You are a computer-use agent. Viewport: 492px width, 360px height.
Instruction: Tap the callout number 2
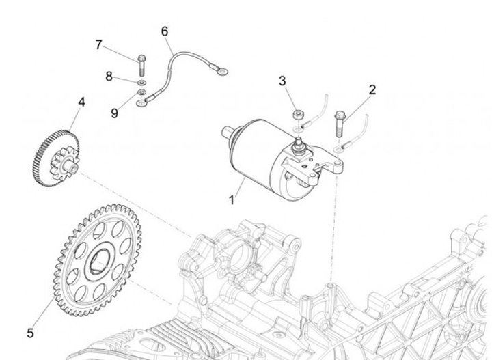click(x=372, y=89)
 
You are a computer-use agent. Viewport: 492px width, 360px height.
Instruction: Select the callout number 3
click(x=282, y=81)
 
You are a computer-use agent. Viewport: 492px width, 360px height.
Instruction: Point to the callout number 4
click(x=81, y=102)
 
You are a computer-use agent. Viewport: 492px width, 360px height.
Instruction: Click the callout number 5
click(x=30, y=333)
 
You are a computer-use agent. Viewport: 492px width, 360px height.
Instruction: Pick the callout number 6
click(x=164, y=31)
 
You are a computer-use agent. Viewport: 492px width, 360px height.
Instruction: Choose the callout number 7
click(x=99, y=45)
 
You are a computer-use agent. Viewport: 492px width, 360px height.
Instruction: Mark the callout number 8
click(x=109, y=77)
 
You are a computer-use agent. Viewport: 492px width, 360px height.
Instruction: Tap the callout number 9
click(x=114, y=113)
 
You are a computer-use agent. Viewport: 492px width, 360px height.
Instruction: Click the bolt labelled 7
click(x=141, y=65)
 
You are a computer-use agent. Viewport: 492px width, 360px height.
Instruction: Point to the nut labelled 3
click(x=298, y=113)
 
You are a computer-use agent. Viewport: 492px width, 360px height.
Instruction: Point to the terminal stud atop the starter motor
click(x=299, y=143)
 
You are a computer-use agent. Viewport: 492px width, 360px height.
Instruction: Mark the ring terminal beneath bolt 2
click(x=340, y=148)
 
